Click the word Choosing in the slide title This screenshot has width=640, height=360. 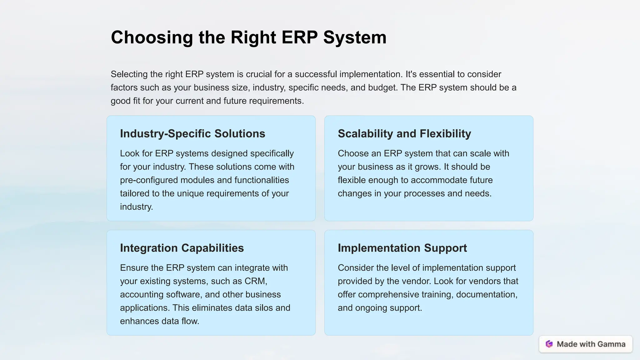152,37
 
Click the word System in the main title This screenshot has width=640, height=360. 355,37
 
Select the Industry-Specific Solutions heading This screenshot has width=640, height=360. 192,134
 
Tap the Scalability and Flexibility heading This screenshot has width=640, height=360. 404,134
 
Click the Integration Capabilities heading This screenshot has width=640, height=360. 182,248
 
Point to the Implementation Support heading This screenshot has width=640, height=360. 402,248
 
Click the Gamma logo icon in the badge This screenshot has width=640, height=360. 549,344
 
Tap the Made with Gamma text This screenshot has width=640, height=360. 591,344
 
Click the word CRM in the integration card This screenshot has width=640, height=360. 255,281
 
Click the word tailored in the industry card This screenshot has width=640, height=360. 135,193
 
